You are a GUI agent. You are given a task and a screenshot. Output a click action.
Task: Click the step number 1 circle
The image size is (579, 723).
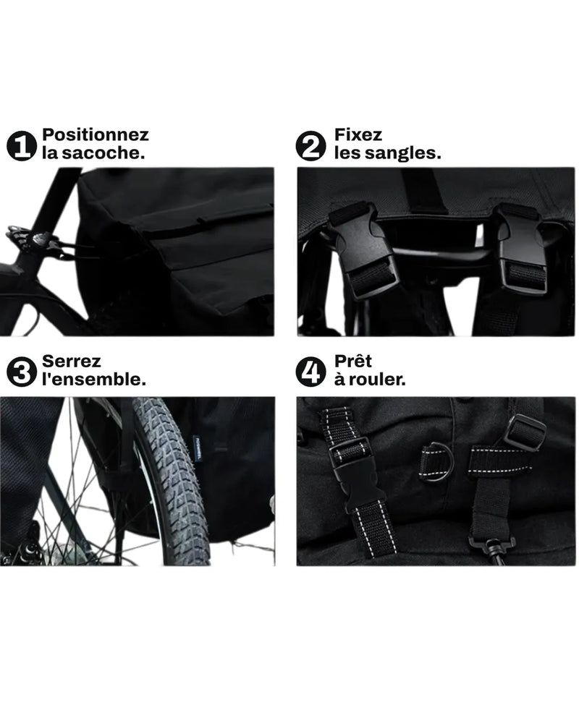click(x=21, y=146)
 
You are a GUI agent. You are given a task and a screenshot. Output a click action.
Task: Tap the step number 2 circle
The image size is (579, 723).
click(x=310, y=146)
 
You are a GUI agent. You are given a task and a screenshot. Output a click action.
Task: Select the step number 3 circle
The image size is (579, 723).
click(x=21, y=372)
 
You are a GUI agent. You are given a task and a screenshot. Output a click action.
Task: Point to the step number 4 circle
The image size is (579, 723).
click(x=310, y=372)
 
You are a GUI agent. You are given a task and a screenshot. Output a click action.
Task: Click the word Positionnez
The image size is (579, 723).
click(x=96, y=135)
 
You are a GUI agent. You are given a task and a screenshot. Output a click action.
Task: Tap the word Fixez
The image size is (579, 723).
click(x=358, y=134)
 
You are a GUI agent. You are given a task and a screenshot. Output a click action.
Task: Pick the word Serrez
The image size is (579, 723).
click(x=71, y=361)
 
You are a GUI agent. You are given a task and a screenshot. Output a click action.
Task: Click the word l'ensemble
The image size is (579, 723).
click(x=94, y=380)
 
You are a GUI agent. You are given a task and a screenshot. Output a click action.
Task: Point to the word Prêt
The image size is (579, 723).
click(x=352, y=361)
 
